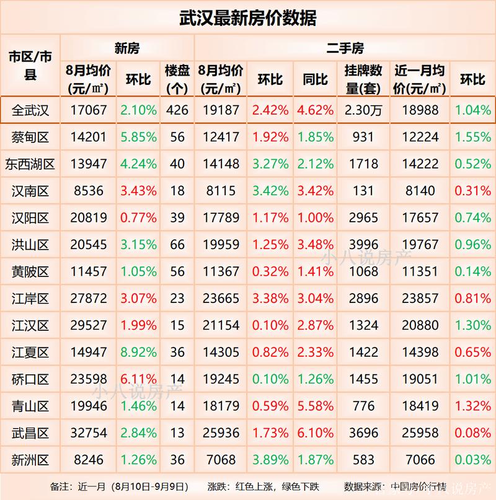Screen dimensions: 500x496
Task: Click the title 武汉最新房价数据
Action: (248, 18)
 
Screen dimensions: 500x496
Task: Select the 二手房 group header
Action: (345, 48)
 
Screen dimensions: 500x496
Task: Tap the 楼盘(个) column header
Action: (177, 79)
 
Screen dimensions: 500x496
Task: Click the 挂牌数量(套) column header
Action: (363, 79)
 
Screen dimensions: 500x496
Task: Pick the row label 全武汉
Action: (30, 111)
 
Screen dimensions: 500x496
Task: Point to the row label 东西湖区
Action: (30, 164)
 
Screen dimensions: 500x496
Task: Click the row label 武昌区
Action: (30, 432)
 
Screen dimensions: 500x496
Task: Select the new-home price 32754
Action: (87, 432)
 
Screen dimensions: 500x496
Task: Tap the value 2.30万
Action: (363, 111)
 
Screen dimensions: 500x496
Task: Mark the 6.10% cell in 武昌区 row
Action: (315, 432)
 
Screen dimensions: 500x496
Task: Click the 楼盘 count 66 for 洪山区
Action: (177, 245)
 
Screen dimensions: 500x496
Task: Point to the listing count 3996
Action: (363, 245)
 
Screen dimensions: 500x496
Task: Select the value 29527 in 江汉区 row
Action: (87, 325)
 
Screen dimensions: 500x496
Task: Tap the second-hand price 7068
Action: (221, 460)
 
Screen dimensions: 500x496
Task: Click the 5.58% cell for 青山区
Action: (315, 406)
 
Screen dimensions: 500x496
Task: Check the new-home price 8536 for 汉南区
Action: (87, 191)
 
